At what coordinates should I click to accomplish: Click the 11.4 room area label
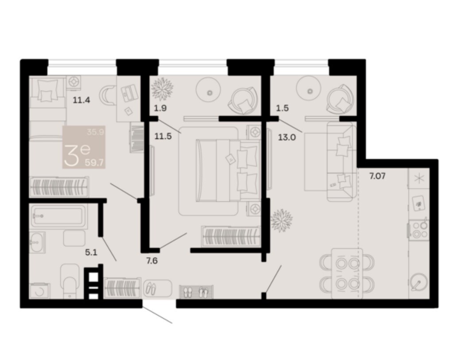point(81,100)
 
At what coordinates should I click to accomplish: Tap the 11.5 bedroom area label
point(163,137)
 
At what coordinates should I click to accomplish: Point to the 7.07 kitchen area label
point(377,176)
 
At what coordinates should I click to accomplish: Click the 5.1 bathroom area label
point(91,253)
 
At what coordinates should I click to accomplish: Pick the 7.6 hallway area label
point(151,261)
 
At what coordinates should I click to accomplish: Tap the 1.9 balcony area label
point(160,108)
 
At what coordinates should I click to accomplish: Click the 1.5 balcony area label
point(282,108)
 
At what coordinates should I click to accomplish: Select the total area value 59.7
point(94,163)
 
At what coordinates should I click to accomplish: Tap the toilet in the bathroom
point(70,280)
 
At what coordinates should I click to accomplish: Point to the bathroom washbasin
point(37,242)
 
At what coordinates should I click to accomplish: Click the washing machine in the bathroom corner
point(40,291)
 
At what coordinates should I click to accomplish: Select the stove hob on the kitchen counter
point(419,230)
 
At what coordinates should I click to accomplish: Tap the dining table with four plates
point(347,273)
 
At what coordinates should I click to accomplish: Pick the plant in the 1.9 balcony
point(162,88)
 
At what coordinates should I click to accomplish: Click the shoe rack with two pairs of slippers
point(196,292)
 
